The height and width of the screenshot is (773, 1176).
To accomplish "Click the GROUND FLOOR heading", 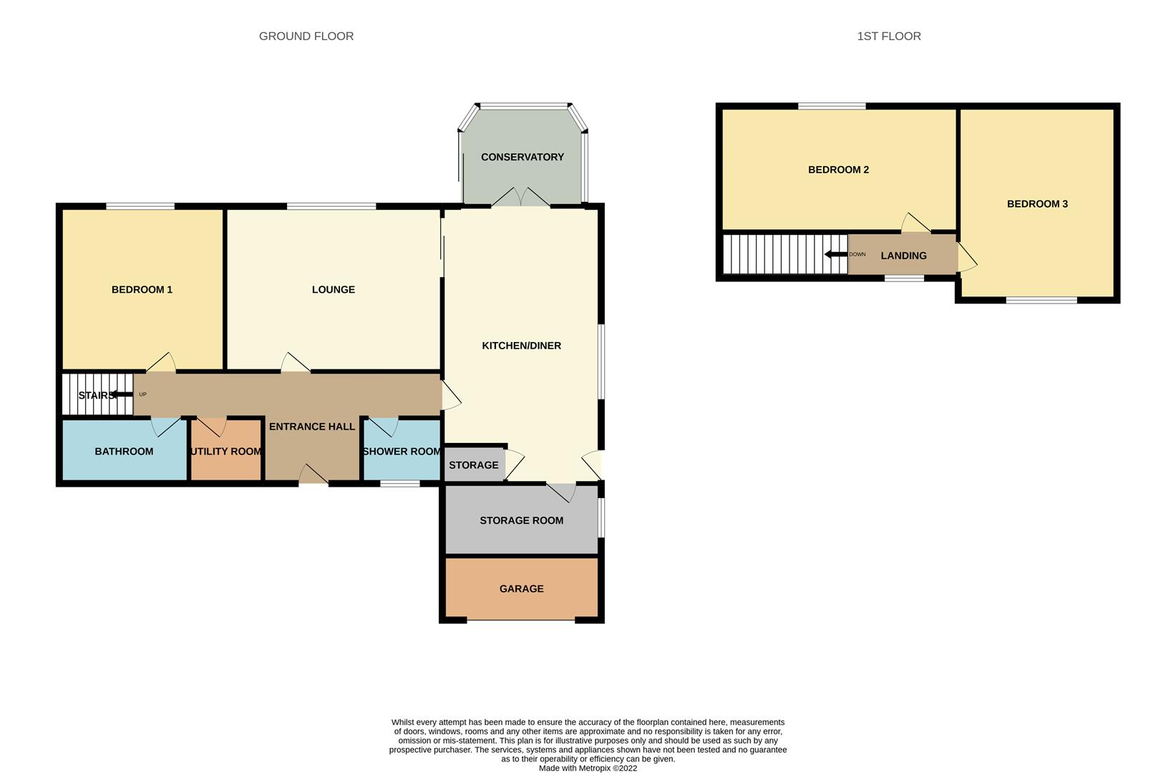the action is [x=306, y=37].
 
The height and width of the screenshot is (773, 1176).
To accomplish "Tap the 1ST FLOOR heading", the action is [x=889, y=37].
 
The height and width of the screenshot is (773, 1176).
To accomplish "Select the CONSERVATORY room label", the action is [x=523, y=157].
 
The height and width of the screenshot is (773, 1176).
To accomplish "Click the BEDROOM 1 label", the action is [x=142, y=289].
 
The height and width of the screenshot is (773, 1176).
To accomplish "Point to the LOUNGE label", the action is [x=334, y=289].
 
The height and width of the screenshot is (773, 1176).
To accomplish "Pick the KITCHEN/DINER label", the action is [x=521, y=346].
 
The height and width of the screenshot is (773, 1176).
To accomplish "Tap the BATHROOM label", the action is [x=124, y=451].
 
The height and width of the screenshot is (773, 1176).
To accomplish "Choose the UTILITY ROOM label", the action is [x=225, y=451].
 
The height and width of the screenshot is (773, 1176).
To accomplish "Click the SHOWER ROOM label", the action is [x=402, y=451].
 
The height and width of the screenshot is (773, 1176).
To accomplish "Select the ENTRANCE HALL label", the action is [x=312, y=427].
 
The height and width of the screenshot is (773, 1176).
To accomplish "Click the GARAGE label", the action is [x=521, y=588].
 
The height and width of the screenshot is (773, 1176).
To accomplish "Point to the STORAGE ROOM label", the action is [x=521, y=520].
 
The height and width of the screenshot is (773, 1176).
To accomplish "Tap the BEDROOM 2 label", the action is [x=838, y=170].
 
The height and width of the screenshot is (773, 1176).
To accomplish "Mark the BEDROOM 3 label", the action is [x=1037, y=204].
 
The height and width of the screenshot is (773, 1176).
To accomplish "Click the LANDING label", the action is [x=903, y=256].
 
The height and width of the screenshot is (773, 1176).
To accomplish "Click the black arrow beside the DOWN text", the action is [x=836, y=255].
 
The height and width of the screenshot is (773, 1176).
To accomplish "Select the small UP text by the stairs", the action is [x=143, y=394].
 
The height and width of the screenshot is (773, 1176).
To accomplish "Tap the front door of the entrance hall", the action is [x=314, y=475].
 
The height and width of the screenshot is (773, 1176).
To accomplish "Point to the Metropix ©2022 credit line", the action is [x=588, y=768].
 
